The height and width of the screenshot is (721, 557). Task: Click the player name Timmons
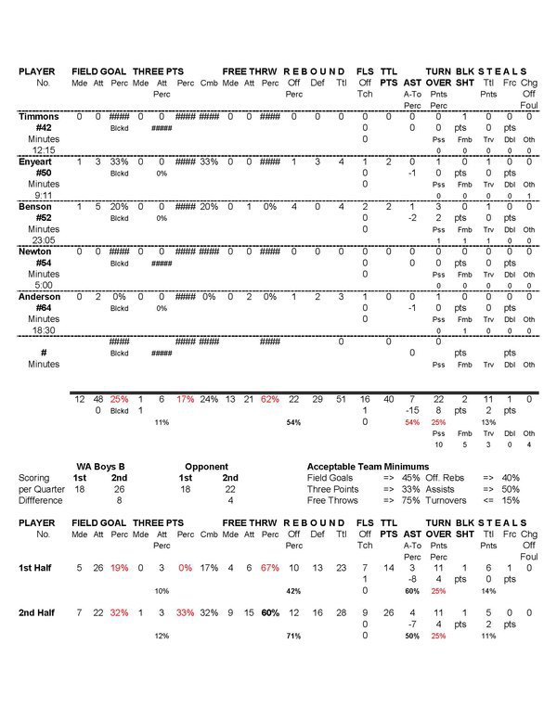click(x=39, y=117)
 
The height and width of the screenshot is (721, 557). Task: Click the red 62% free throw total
click(x=269, y=399)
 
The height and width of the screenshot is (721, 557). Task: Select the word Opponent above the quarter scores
click(x=206, y=466)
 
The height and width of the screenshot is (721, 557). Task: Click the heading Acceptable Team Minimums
click(x=368, y=466)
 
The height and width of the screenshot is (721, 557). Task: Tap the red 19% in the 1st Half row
click(x=119, y=566)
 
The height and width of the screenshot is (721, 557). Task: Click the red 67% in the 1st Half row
click(x=270, y=566)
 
